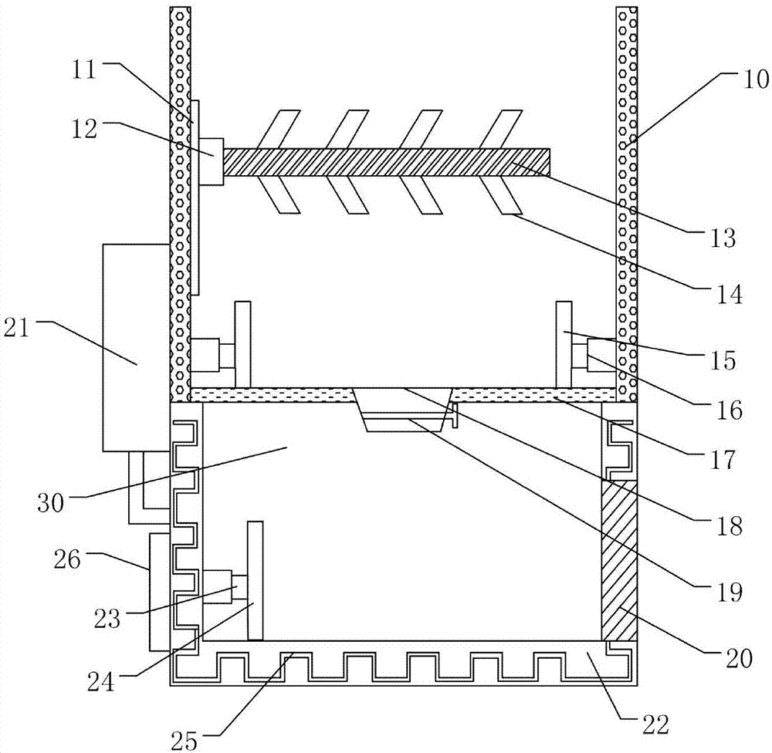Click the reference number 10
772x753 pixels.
tap(746, 76)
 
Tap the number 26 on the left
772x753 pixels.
tap(69, 559)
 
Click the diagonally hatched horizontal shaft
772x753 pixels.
tap(386, 162)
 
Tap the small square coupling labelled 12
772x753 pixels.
tap(211, 161)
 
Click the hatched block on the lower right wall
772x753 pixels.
tap(619, 559)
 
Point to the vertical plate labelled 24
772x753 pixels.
tap(255, 580)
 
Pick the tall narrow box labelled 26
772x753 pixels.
tap(159, 591)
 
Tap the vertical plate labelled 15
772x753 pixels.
tap(564, 343)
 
